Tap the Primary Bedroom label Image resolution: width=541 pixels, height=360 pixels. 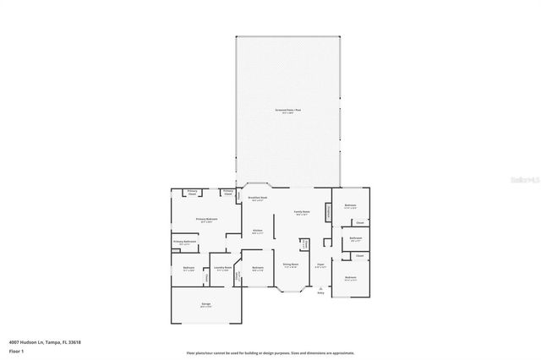click(x=206, y=219)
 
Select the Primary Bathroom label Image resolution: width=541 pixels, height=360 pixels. click(x=184, y=242)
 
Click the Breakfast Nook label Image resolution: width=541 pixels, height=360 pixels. click(x=258, y=199)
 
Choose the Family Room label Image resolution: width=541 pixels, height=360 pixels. click(x=302, y=212)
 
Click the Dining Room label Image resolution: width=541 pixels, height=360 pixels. click(x=290, y=264)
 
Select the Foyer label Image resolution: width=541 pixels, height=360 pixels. click(x=320, y=265)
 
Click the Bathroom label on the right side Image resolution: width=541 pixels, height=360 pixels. click(x=356, y=238)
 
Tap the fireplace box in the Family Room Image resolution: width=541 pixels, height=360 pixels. click(x=329, y=212)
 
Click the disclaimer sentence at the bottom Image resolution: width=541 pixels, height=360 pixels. click(x=270, y=353)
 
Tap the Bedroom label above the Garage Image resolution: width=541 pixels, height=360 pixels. click(x=189, y=268)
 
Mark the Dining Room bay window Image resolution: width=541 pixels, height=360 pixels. click(x=292, y=293)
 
